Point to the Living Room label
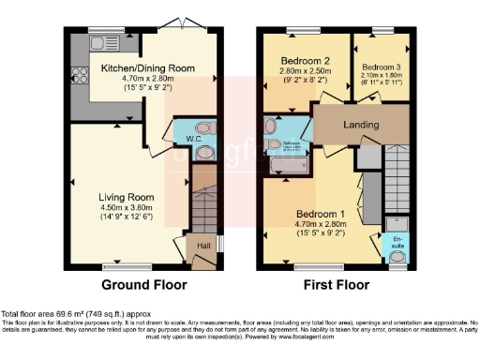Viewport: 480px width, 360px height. (x=125, y=197)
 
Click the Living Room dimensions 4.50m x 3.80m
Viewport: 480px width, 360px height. (x=125, y=208)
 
